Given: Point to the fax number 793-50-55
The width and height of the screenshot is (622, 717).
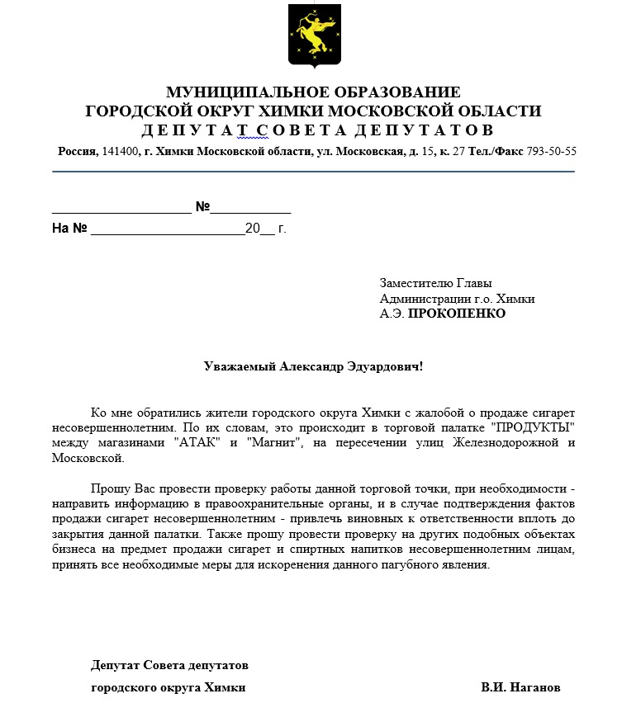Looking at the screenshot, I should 552,152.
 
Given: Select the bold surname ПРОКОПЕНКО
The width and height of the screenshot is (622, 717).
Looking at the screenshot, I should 458,314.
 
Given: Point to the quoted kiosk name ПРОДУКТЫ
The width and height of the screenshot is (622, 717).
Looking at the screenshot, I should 532,427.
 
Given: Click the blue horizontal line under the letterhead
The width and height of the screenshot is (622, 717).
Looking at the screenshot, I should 313,172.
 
